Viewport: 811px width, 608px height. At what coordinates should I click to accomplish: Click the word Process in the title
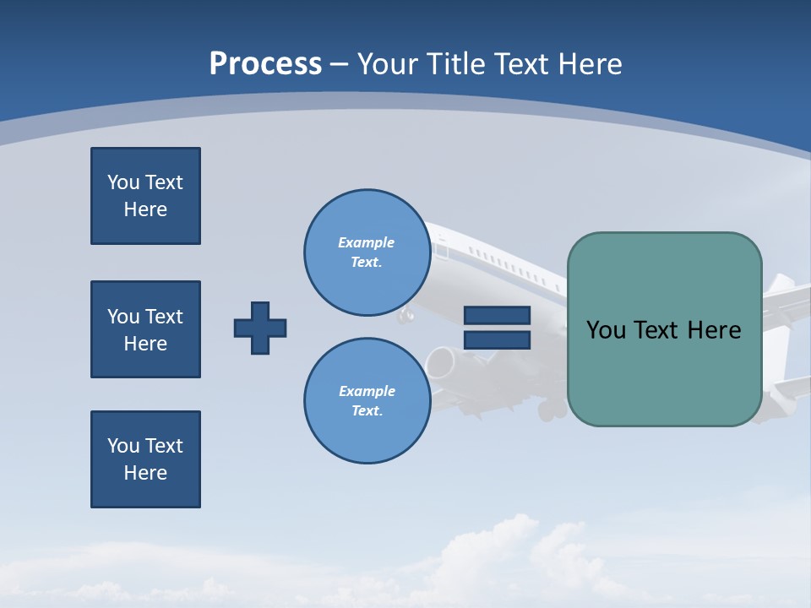pyautogui.click(x=265, y=64)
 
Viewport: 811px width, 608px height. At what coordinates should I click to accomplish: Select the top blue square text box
pyautogui.click(x=145, y=196)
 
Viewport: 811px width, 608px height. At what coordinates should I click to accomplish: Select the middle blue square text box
pyautogui.click(x=145, y=329)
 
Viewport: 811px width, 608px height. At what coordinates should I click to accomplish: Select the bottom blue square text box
pyautogui.click(x=145, y=459)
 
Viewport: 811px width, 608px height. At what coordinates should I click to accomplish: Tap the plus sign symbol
pyautogui.click(x=260, y=328)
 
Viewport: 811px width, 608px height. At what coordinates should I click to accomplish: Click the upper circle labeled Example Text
pyautogui.click(x=367, y=252)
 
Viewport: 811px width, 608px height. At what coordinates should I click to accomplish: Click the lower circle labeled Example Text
pyautogui.click(x=367, y=401)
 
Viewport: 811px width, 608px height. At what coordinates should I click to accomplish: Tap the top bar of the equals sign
pyautogui.click(x=497, y=315)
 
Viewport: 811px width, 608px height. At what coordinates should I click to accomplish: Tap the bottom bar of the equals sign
pyautogui.click(x=497, y=339)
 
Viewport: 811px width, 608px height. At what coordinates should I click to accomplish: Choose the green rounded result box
pyautogui.click(x=664, y=372)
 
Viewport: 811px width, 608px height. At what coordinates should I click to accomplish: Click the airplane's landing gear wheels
pyautogui.click(x=553, y=410)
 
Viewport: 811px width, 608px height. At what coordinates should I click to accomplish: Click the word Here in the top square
pyautogui.click(x=145, y=209)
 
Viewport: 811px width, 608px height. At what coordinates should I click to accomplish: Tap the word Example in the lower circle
pyautogui.click(x=367, y=391)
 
